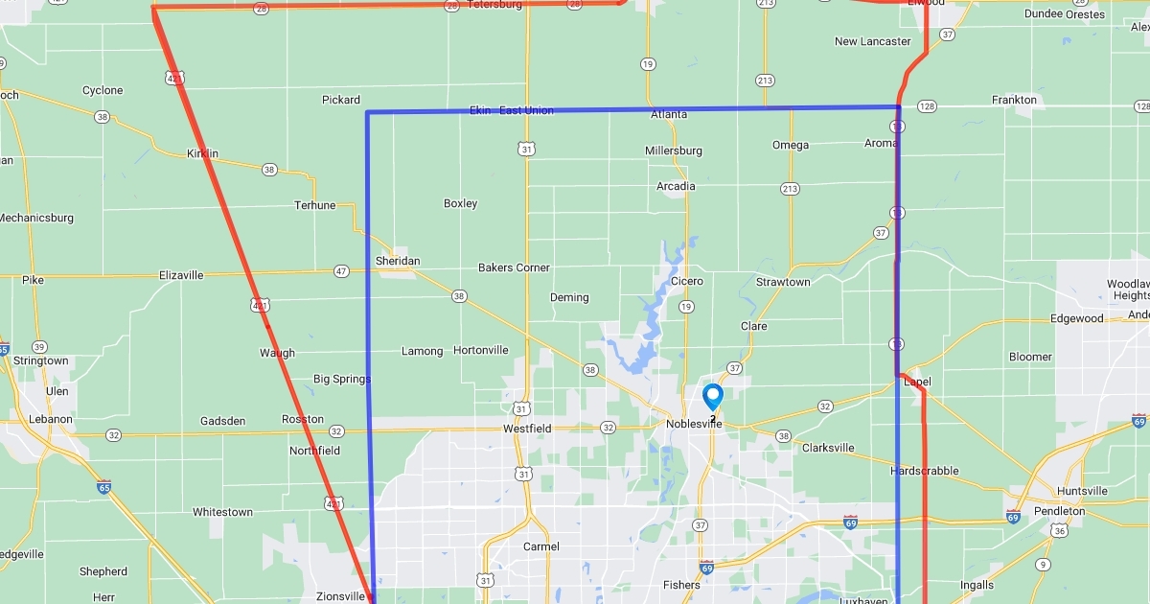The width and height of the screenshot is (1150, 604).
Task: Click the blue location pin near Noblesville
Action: point(713,396)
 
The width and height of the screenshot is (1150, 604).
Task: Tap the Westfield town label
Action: point(526,429)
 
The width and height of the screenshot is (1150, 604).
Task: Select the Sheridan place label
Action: point(398,261)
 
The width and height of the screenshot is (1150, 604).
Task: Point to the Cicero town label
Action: point(687,281)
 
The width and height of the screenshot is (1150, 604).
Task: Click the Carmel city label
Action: point(540,546)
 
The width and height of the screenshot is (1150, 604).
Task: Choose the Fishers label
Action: point(681,585)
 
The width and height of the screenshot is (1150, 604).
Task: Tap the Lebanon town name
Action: point(50,419)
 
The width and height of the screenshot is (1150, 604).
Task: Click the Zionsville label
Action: point(340,596)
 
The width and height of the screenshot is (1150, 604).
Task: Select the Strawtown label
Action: point(783,282)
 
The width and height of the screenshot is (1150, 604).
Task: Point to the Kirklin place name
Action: point(202,153)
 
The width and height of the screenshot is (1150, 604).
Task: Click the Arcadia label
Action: point(676,186)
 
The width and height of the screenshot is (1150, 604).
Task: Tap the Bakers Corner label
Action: point(514,267)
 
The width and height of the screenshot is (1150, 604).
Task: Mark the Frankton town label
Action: point(1014,100)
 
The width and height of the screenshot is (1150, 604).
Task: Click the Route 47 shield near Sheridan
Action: point(341,271)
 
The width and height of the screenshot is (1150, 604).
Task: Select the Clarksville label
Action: point(827,448)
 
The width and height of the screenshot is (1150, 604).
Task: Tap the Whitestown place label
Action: point(222,512)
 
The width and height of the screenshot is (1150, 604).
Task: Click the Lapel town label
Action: point(918,382)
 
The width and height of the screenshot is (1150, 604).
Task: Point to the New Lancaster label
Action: point(872,41)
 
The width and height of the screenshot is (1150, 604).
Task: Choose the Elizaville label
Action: point(181,275)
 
